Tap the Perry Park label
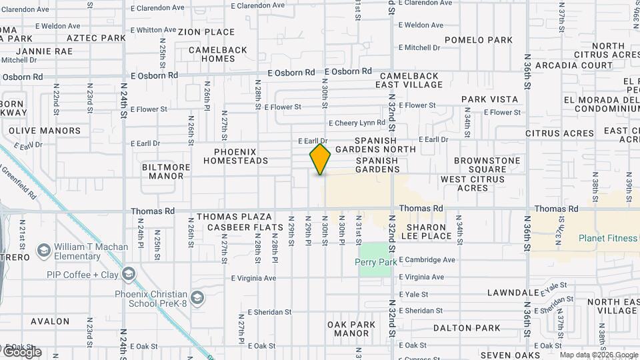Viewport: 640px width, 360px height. pos(375,262)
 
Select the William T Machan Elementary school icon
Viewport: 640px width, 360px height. pos(44,251)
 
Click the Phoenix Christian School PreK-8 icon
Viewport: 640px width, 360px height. pos(197,297)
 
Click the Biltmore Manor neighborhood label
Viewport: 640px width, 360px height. pos(163,172)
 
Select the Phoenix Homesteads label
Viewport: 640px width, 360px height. pos(235,156)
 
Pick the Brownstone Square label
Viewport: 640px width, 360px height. pos(487,165)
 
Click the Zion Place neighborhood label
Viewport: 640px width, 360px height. pos(206,32)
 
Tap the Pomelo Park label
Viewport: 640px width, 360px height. pos(479,40)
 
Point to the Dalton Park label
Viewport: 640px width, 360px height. pos(467,328)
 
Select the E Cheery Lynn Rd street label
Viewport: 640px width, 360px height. pos(357,123)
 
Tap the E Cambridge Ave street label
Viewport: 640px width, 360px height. pos(427,259)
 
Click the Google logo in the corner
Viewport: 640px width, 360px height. pos(21,352)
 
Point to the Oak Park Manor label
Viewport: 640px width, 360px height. pos(351,329)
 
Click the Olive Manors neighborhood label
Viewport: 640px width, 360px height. pos(45,131)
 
